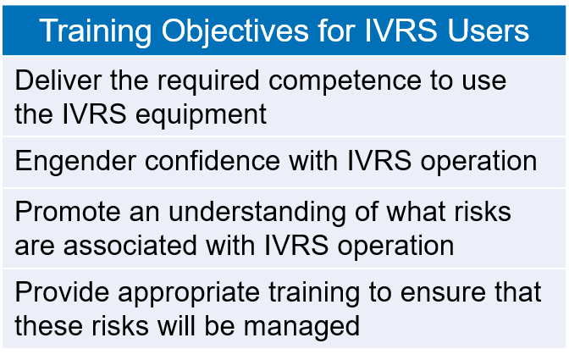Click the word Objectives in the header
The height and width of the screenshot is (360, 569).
click(x=235, y=31)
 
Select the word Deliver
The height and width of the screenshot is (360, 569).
click(x=58, y=80)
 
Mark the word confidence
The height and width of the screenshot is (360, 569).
click(x=213, y=160)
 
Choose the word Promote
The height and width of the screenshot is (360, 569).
click(x=68, y=213)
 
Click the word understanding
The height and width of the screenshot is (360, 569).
click(x=257, y=213)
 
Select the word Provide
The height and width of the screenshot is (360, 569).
click(x=62, y=291)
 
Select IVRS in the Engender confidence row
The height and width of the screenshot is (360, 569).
click(x=379, y=160)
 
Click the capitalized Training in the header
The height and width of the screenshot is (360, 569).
click(x=96, y=31)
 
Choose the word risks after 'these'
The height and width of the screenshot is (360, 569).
click(x=120, y=325)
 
